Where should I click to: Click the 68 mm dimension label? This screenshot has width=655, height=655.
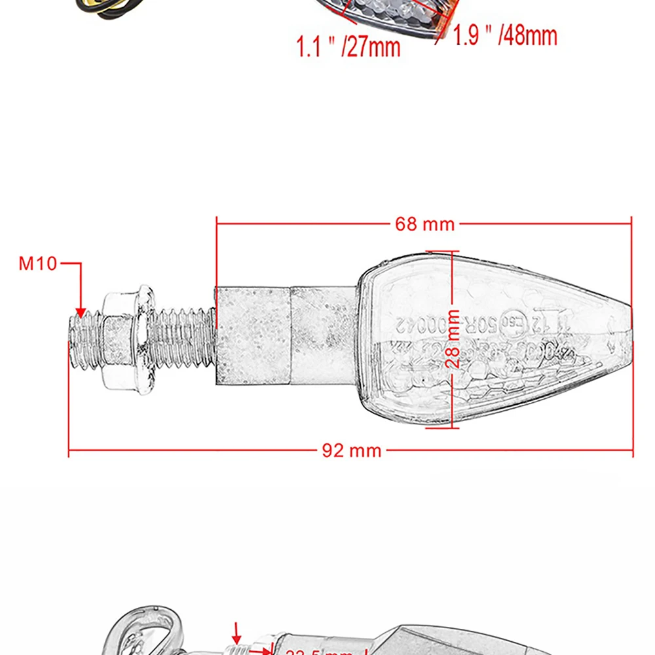[424, 224]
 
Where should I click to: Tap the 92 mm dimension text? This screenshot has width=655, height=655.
[351, 451]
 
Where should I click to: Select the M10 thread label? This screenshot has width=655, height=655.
[38, 264]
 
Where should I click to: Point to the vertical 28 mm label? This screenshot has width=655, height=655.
[453, 339]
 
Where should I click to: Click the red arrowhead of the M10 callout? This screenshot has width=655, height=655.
[81, 314]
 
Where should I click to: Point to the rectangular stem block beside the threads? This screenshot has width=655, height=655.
[253, 335]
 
